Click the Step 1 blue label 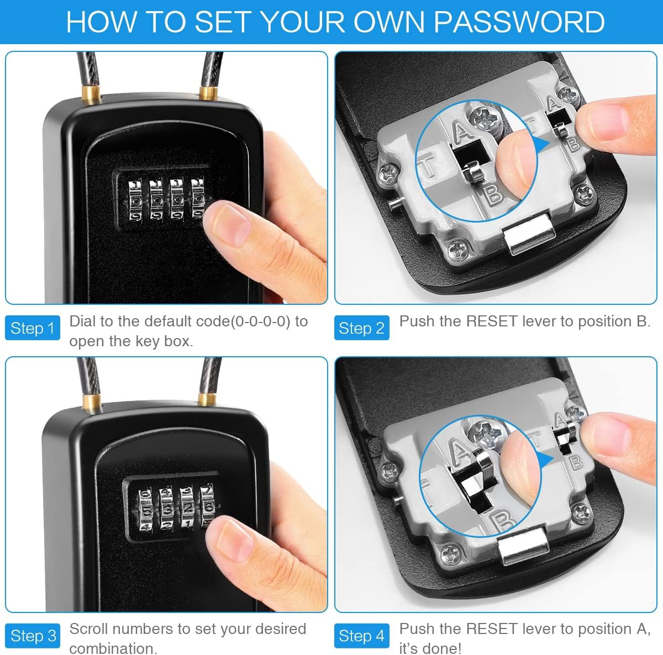pos(32,328)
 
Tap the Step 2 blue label pos(361,328)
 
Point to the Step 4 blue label pos(361,636)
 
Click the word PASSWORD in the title pos(519,22)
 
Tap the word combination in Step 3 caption pos(113,647)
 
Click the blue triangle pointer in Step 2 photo pos(541,145)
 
